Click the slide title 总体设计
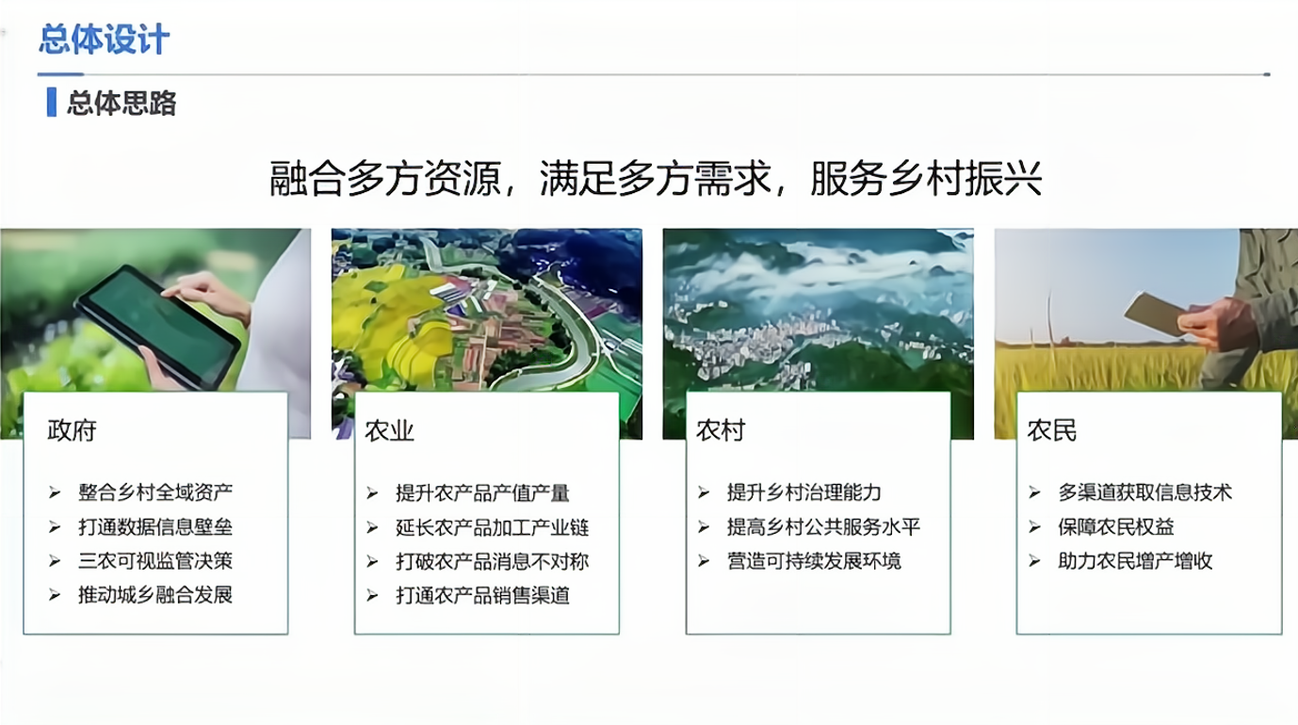pos(105,40)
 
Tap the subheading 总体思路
pos(122,103)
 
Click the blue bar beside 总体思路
pos(52,102)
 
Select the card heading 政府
pos(72,430)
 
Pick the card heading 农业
pos(389,431)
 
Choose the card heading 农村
pos(721,430)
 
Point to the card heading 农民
pos(1052,430)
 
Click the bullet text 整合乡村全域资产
pos(155,492)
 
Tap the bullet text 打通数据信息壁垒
pos(155,526)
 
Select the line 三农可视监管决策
pos(155,560)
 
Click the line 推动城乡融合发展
pos(155,595)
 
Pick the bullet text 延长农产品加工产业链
pos(492,527)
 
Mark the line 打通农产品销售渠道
pos(482,595)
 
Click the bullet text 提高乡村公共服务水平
pos(823,526)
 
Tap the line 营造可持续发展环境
pos(814,560)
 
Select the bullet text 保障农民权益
pos(1116,526)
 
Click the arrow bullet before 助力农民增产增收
pos(1034,560)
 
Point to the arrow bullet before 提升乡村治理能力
pos(704,492)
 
